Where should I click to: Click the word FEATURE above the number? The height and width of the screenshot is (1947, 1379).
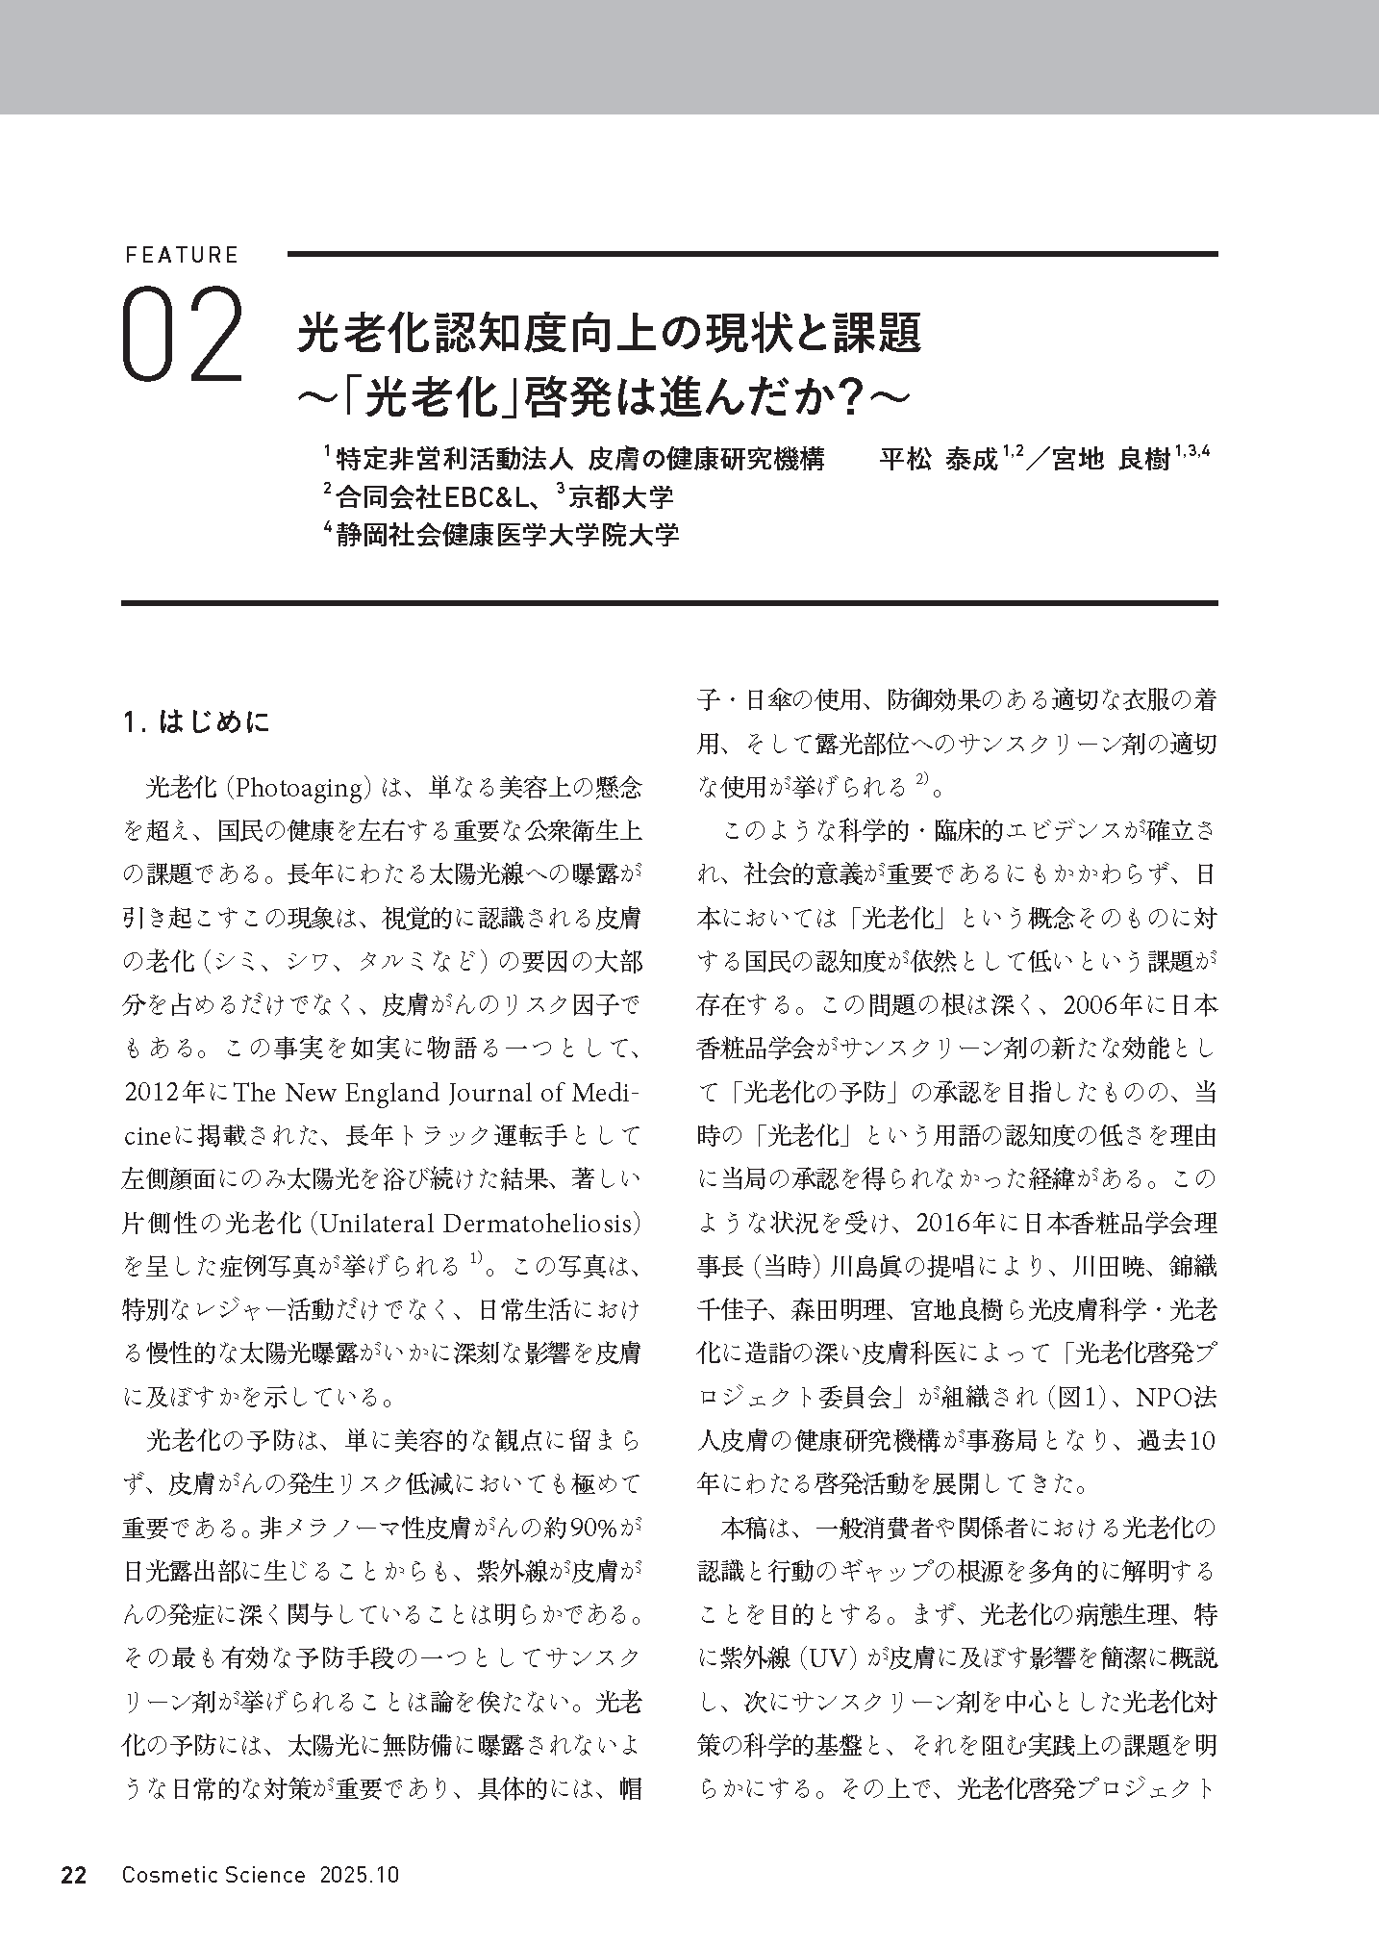[x=181, y=256]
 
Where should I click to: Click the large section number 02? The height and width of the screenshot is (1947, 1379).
[x=182, y=335]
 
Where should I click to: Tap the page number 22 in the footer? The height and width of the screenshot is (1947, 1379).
[x=74, y=1876]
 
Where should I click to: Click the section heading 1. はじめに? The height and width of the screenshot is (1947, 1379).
[x=197, y=721]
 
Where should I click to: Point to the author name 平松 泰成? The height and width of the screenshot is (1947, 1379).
[x=939, y=459]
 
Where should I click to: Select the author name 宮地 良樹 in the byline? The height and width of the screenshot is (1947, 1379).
[x=1110, y=459]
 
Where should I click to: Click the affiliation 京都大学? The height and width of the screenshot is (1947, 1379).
[x=621, y=496]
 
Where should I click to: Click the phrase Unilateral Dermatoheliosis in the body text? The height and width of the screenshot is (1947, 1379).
[x=475, y=1223]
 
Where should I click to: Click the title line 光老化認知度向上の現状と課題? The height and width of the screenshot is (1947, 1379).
[x=609, y=334]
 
